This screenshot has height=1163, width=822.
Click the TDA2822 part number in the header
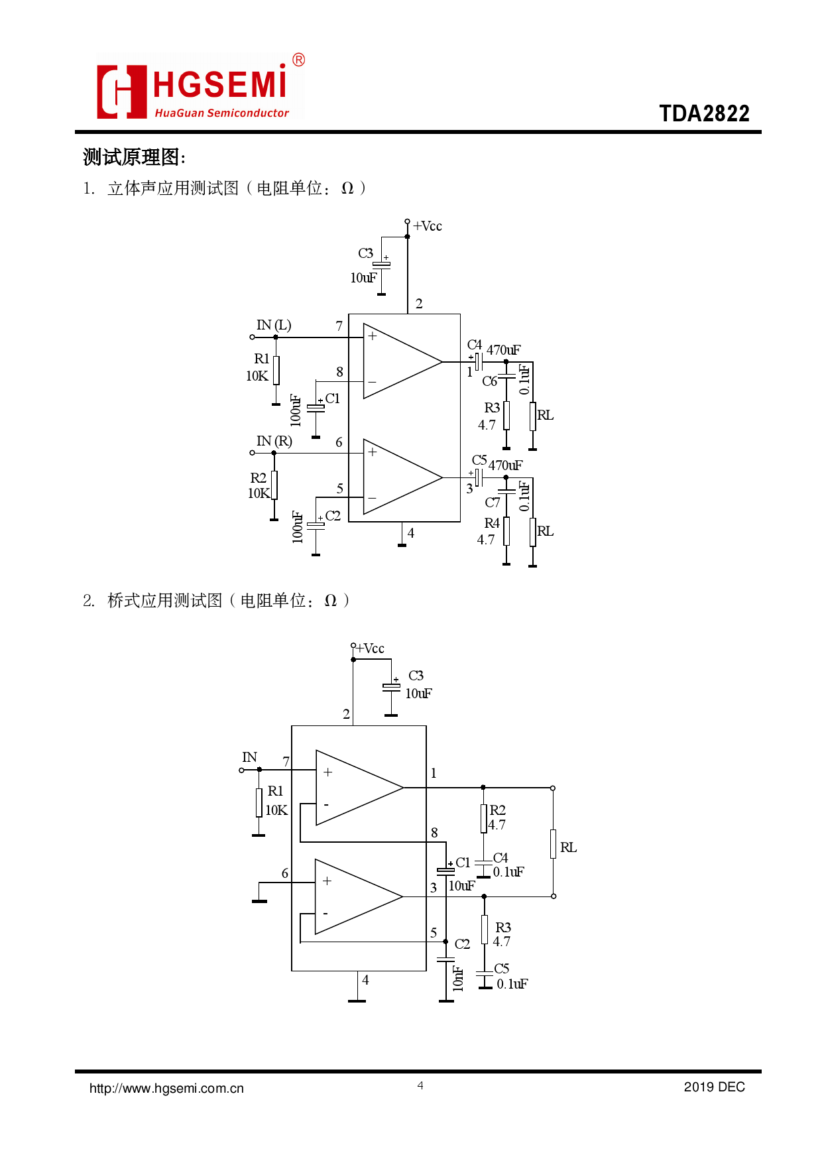click(704, 113)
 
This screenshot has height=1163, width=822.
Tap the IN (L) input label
click(274, 325)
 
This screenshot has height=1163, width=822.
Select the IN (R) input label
click(274, 441)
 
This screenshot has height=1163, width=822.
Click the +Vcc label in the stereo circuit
click(428, 226)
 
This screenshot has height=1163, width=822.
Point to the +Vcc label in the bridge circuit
click(371, 648)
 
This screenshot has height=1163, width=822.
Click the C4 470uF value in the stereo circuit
click(504, 349)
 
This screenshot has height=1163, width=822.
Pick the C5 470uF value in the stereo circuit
click(505, 465)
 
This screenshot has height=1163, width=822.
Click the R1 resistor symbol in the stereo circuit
click(276, 370)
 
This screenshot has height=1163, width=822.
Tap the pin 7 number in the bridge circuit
click(286, 762)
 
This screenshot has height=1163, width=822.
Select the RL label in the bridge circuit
click(568, 847)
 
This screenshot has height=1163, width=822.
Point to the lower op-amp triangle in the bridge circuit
click(358, 896)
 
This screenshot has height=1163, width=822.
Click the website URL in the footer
click(166, 1088)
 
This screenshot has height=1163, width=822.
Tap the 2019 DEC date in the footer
click(714, 1087)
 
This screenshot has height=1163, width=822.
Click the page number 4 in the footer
click(420, 1085)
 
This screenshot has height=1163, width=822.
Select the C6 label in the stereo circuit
click(489, 381)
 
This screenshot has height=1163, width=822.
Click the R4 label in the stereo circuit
click(491, 523)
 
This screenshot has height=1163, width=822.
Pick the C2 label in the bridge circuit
click(462, 944)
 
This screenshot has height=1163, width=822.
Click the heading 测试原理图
click(132, 157)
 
